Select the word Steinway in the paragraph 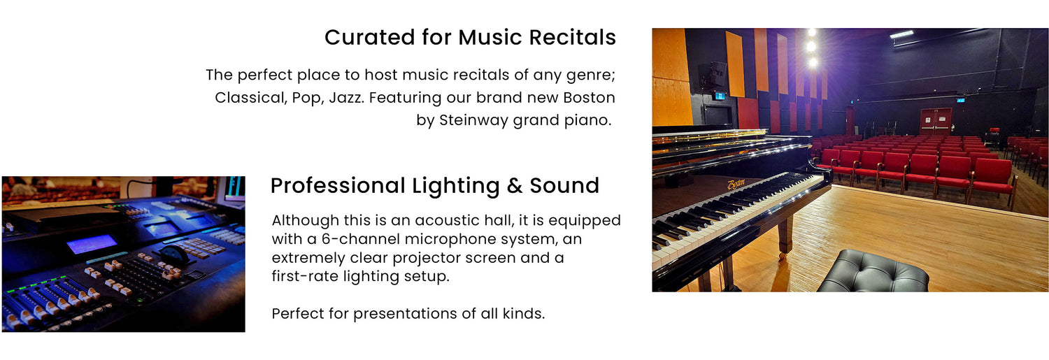coord(473,120)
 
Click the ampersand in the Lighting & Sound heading coord(514,186)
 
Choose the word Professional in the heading coord(338,186)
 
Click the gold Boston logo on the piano coord(736,184)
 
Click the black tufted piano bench coord(872,271)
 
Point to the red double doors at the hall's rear coord(935,121)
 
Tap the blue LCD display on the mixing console coord(92,244)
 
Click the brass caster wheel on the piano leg coord(782,256)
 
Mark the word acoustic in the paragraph coord(446,220)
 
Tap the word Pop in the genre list coord(306,98)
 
